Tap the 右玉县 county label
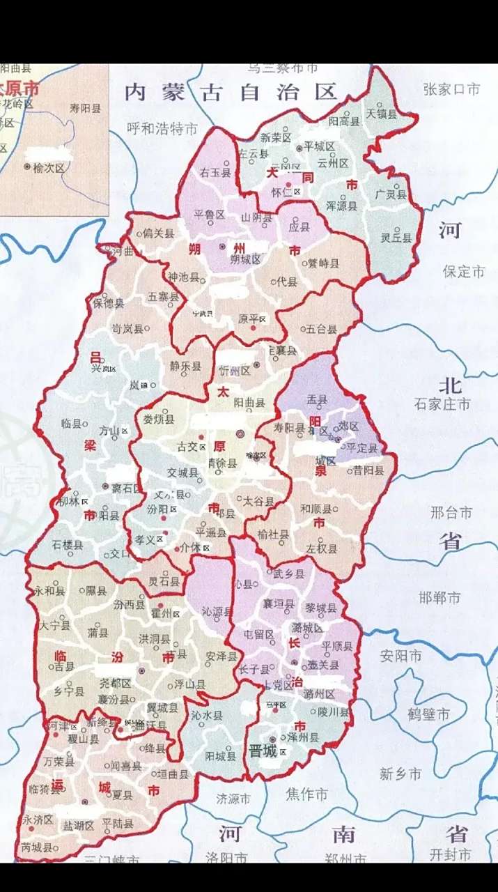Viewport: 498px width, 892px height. tap(215, 172)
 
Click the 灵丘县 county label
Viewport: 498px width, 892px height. tap(396, 238)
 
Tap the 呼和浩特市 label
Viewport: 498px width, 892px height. tap(162, 129)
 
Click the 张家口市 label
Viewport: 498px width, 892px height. tap(451, 89)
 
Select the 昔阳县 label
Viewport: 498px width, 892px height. tap(368, 471)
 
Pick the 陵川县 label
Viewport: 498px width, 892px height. tap(332, 712)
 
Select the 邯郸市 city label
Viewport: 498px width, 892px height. tap(439, 598)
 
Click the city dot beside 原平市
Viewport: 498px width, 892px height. tap(254, 328)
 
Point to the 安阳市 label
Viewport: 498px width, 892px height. tap(400, 656)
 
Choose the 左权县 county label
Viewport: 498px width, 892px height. tap(321, 548)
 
